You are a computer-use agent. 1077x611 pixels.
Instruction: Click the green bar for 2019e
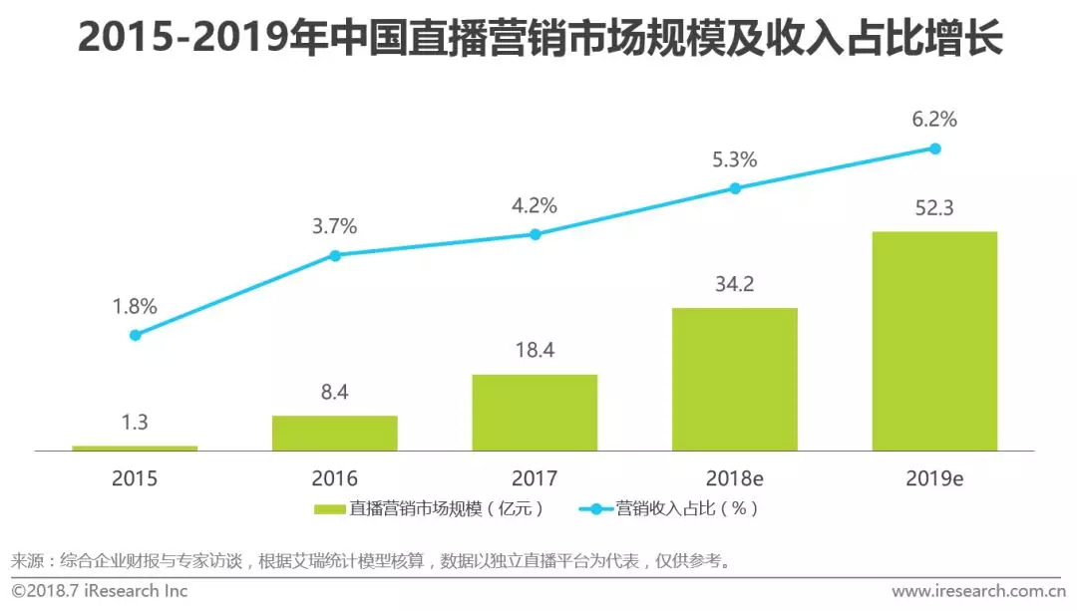click(x=934, y=341)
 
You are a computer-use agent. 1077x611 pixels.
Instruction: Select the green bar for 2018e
click(x=735, y=379)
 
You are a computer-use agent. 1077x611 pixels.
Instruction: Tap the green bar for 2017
click(x=535, y=413)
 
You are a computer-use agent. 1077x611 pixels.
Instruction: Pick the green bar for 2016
click(x=335, y=433)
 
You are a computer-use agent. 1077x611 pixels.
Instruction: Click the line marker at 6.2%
click(x=935, y=149)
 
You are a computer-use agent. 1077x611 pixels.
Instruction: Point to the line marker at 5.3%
click(x=735, y=187)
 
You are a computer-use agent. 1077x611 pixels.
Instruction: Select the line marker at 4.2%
click(x=535, y=234)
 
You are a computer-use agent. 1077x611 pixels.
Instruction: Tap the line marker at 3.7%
click(x=335, y=255)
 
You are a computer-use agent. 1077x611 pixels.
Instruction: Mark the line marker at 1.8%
click(x=135, y=335)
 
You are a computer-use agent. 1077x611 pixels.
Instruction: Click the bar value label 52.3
click(x=934, y=209)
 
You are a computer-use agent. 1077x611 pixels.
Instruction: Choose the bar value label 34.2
click(x=735, y=285)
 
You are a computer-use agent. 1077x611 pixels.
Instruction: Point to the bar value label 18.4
click(x=535, y=351)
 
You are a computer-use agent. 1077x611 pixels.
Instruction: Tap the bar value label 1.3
click(x=135, y=423)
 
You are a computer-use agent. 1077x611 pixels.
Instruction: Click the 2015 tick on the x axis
click(x=135, y=478)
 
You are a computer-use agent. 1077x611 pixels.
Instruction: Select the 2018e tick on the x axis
click(x=735, y=478)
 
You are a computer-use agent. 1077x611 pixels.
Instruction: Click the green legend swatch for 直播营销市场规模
click(x=330, y=509)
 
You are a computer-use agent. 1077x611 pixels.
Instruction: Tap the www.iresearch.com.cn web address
click(x=974, y=591)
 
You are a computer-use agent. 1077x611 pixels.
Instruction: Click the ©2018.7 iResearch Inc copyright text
click(x=100, y=591)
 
